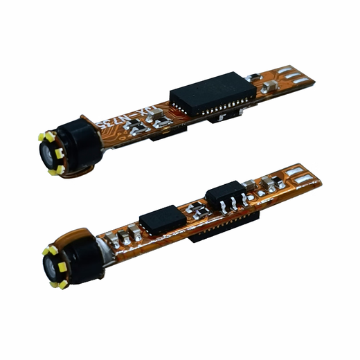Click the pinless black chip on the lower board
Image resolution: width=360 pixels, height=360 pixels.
[x=162, y=220]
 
